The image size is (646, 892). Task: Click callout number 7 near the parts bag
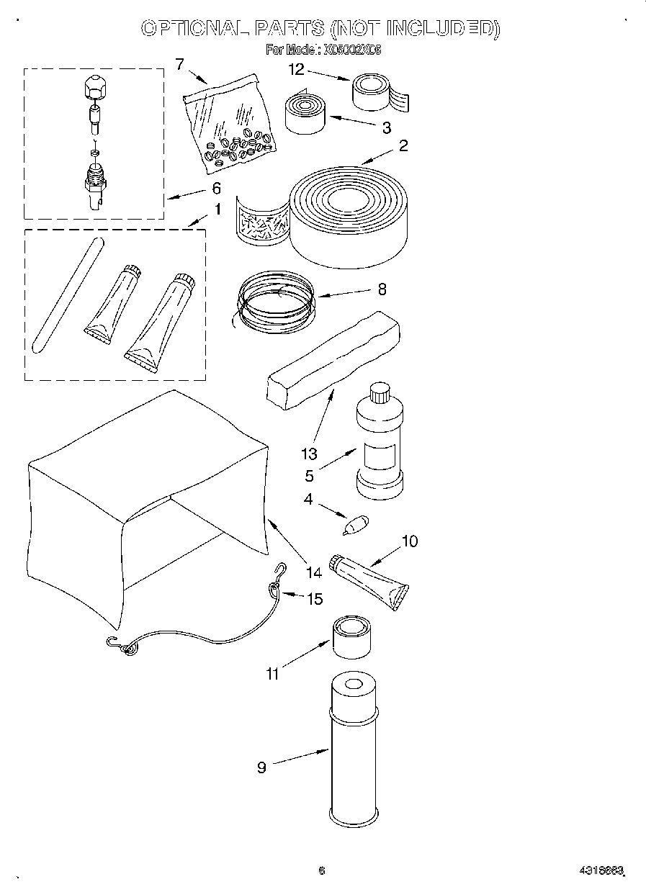[x=179, y=63]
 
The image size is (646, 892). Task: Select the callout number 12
[x=297, y=69]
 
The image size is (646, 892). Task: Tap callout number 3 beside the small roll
[x=386, y=128]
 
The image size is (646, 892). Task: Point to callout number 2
[x=403, y=146]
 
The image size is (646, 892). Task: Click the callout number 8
[x=382, y=289]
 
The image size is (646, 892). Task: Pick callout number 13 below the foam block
[x=308, y=454]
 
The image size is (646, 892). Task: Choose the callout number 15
[x=315, y=598]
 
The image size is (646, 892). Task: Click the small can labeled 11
[x=351, y=637]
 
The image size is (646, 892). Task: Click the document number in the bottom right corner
[x=600, y=870]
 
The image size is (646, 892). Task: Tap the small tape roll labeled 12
[x=375, y=91]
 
